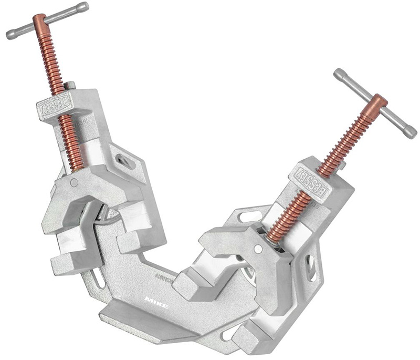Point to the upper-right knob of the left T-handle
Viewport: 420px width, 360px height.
pyautogui.click(x=82, y=7)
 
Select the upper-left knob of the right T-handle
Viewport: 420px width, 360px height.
pyautogui.click(x=339, y=73)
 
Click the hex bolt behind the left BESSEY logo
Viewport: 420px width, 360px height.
pyautogui.click(x=70, y=85)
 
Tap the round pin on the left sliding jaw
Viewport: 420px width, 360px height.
pyautogui.click(x=75, y=183)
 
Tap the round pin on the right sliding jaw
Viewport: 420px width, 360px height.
pyautogui.click(x=257, y=249)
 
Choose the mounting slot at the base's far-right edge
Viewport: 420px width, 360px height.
pyautogui.click(x=311, y=266)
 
